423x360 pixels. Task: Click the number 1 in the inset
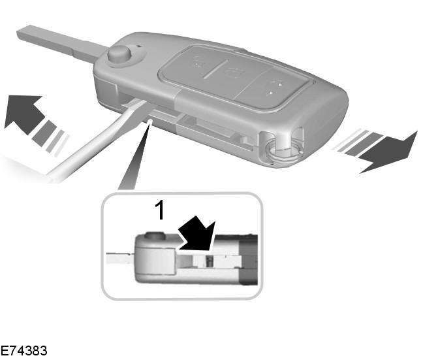160,210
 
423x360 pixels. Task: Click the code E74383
23,351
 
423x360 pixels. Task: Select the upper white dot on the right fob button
280,84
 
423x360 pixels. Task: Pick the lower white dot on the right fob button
270,93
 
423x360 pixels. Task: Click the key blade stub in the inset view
120,259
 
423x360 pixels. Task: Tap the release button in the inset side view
155,235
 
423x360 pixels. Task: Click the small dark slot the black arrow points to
209,261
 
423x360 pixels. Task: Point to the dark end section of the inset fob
249,260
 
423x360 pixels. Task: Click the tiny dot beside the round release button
140,46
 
